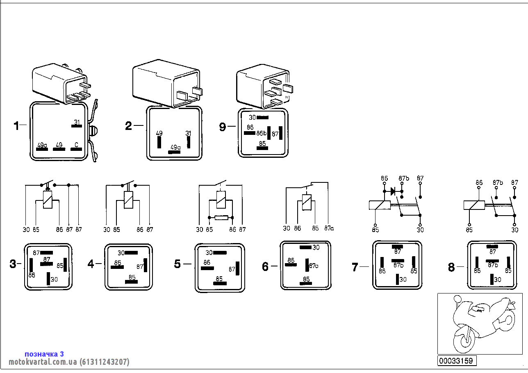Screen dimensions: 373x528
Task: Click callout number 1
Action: [x=16, y=125]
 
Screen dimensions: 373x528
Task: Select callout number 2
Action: [x=129, y=125]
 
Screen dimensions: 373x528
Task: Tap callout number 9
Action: [x=223, y=127]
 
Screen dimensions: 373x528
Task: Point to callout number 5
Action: [x=177, y=264]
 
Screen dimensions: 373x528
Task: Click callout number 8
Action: [x=451, y=268]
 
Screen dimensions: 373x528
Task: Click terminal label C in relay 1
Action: [x=76, y=145]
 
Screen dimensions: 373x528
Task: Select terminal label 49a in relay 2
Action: [x=175, y=147]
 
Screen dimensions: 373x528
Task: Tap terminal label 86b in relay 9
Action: [x=262, y=133]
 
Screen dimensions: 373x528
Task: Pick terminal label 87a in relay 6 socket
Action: [x=314, y=266]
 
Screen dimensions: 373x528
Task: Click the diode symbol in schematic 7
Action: [x=394, y=191]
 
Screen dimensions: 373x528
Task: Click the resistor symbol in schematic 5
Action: [x=221, y=218]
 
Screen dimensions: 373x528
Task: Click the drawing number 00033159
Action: [x=457, y=361]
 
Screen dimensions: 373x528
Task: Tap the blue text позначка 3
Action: [x=44, y=354]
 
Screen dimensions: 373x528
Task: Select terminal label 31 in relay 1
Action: [x=76, y=122]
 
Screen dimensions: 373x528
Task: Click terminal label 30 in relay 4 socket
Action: [x=121, y=253]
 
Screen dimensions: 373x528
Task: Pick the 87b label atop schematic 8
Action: [x=498, y=182]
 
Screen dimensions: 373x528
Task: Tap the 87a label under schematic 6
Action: [x=329, y=229]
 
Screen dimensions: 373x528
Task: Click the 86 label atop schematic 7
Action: [x=384, y=178]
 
